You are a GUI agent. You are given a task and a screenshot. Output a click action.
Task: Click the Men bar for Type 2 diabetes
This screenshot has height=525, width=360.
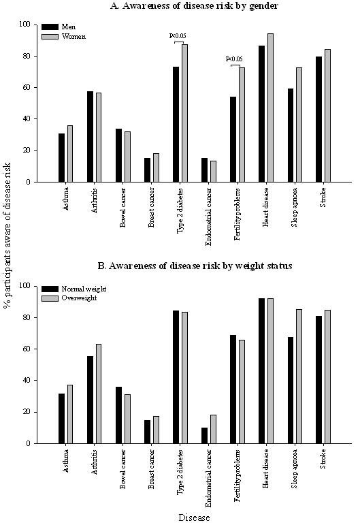point(176,124)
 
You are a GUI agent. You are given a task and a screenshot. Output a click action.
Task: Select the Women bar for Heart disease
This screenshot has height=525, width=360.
point(270,108)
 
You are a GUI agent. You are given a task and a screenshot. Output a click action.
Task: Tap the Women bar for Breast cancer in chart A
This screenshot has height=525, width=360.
point(156,168)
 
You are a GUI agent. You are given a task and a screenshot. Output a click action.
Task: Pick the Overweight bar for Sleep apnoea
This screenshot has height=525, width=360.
point(299,377)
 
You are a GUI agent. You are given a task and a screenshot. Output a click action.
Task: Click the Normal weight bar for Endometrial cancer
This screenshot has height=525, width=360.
point(204,436)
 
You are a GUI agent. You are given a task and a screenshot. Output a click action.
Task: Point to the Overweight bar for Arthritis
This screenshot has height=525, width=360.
point(99,394)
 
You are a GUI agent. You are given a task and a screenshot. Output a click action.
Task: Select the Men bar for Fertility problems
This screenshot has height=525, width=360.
point(233,140)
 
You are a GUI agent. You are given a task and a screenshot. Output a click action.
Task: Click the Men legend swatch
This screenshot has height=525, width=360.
point(50,27)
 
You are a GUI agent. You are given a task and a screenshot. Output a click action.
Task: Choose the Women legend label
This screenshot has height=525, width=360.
point(73,37)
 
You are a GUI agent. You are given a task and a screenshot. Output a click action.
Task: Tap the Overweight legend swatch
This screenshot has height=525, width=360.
point(50,298)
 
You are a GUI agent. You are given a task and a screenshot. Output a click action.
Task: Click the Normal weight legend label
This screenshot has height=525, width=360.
point(84,289)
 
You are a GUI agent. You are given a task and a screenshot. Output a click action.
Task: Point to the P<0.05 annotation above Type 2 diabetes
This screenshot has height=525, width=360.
point(178,36)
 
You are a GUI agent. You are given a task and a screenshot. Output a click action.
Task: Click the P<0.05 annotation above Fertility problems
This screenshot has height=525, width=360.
point(234,59)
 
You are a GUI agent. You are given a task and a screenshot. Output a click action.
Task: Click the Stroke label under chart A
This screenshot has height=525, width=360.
point(323,197)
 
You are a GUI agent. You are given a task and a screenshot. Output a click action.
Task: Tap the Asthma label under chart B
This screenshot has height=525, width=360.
point(66,460)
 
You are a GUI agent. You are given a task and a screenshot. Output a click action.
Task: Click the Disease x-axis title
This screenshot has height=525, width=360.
point(194,518)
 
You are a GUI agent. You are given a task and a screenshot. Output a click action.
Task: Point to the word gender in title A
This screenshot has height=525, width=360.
point(264,6)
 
